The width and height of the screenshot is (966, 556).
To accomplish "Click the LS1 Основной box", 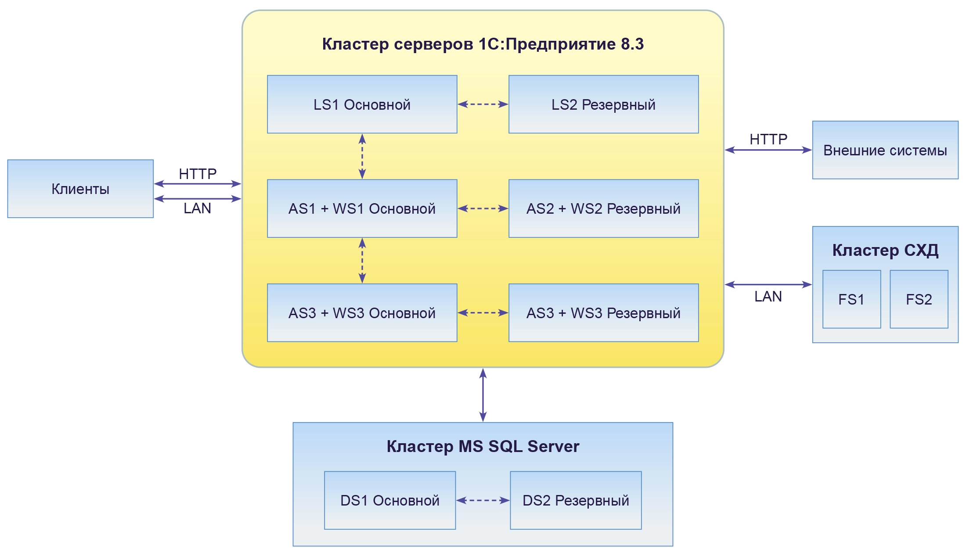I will (362, 104).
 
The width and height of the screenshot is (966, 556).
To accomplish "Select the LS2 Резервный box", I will (603, 104).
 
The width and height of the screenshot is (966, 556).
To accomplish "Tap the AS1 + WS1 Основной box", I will (362, 208).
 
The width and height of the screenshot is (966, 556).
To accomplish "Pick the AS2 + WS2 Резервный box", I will (603, 208).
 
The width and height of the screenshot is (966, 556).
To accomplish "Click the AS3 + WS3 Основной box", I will (362, 313).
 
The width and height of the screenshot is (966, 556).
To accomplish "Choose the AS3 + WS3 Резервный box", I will (603, 313).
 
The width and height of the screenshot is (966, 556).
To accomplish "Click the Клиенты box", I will (80, 189).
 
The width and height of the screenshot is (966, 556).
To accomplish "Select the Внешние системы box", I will (885, 150).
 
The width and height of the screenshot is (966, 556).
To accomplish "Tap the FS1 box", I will (851, 299).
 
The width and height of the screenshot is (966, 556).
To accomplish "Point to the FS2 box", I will (919, 299).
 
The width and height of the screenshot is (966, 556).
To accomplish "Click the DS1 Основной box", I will (389, 500).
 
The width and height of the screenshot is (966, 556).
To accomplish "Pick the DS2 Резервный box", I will (576, 500).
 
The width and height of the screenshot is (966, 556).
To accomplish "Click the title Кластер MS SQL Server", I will (483, 446).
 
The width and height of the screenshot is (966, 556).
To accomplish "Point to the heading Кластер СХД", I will (885, 250).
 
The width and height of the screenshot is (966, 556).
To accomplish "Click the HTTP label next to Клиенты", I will (198, 174).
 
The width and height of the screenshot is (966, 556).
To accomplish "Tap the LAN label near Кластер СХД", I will (768, 297).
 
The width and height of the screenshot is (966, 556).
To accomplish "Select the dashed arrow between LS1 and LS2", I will (483, 104).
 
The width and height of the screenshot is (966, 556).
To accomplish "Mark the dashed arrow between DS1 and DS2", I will (483, 500).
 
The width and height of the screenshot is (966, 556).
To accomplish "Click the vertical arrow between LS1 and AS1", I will (362, 156).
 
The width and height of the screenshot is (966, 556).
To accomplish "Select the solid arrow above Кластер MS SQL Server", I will (483, 395).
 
